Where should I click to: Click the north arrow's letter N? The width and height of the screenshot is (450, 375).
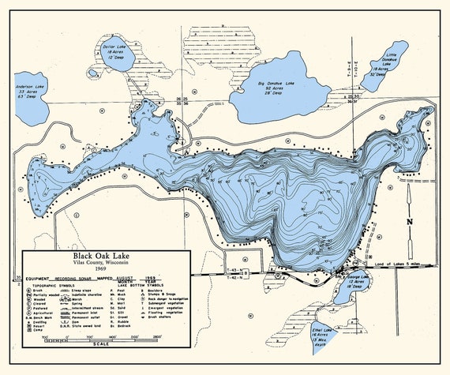[x=410, y=222]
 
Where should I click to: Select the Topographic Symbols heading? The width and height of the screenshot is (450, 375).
[x=58, y=286]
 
